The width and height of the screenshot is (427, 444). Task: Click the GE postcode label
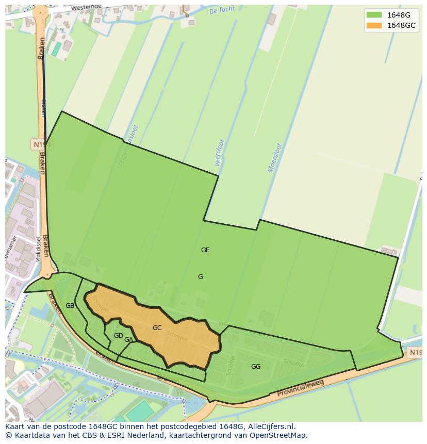(x=205, y=250)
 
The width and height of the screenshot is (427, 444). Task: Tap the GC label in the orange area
(x=157, y=328)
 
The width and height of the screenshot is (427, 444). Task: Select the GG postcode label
(x=256, y=367)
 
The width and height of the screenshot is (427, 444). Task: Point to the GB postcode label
(x=70, y=306)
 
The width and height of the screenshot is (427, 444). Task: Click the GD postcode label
(x=119, y=336)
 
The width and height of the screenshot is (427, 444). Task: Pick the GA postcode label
(x=128, y=340)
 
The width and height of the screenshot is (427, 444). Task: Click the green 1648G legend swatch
(x=374, y=15)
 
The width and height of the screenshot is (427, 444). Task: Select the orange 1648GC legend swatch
(x=374, y=25)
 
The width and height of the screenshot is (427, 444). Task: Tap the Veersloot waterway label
(x=219, y=153)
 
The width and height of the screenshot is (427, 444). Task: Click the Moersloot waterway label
(x=275, y=158)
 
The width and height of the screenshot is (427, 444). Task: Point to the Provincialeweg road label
(x=300, y=389)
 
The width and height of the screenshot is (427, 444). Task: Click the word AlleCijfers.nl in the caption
(x=271, y=426)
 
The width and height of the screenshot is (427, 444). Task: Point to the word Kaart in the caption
(x=15, y=426)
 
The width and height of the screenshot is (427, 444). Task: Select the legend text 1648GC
(x=401, y=25)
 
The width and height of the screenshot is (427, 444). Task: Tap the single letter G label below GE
(x=201, y=277)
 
